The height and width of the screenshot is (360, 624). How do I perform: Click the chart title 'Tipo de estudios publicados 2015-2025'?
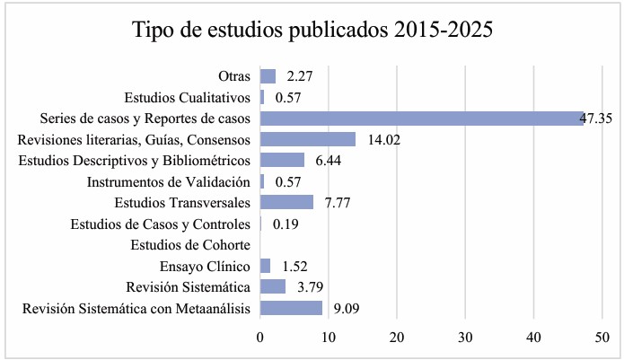312,29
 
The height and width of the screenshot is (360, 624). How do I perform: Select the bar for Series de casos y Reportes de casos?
421,118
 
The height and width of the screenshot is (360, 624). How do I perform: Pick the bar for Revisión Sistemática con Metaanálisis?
291,308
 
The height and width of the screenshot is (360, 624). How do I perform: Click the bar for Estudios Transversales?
286,202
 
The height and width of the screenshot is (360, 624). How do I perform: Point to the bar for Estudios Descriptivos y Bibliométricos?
282,160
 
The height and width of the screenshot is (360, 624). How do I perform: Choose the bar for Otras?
268,75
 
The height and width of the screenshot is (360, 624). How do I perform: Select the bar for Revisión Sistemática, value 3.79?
273,286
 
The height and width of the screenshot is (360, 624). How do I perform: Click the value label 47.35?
596,118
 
